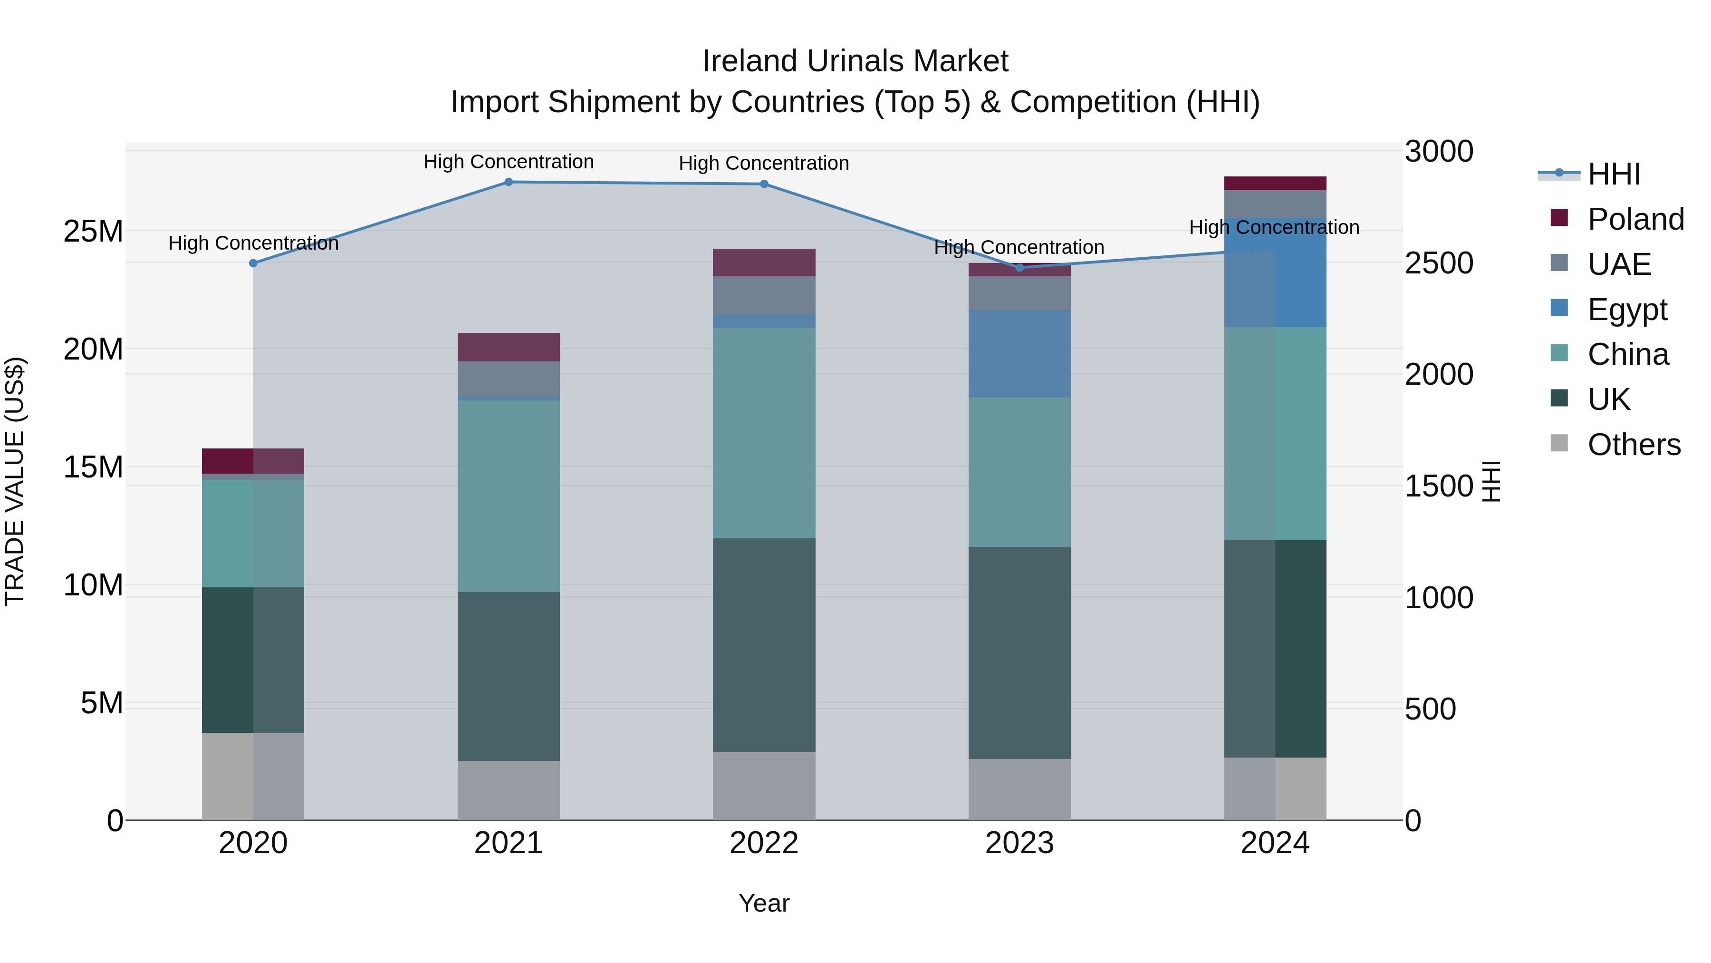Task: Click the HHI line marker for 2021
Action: tap(508, 182)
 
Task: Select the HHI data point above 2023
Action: tap(1019, 268)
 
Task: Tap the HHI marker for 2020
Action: tap(253, 263)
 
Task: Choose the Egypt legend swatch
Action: tap(1559, 308)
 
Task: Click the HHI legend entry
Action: tap(1614, 174)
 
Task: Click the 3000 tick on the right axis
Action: tap(1439, 152)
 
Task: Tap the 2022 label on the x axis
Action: tap(764, 843)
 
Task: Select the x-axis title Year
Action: tap(764, 903)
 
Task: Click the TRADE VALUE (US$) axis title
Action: tap(15, 481)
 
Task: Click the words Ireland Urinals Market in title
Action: tap(855, 61)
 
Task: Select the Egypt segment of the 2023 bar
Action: tap(1019, 353)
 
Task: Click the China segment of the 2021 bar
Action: tap(508, 496)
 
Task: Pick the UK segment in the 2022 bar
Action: tap(764, 645)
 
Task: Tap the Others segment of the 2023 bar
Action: tap(1019, 789)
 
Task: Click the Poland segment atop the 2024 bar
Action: tap(1275, 184)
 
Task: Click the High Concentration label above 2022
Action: tap(764, 164)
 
